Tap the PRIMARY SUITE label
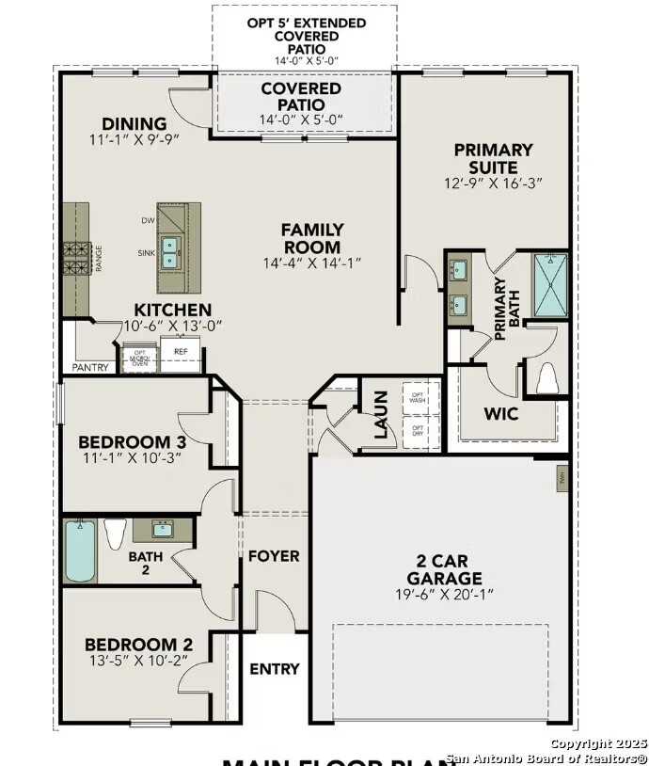coord(493,157)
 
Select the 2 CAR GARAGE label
coord(445,568)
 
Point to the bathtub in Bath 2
coord(80,551)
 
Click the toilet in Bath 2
coord(115,534)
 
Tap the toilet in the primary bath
coord(546,378)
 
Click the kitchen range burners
coord(76,258)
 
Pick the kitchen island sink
coord(170,253)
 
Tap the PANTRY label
coord(91,367)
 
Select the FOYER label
coord(274,556)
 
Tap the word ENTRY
coord(275,669)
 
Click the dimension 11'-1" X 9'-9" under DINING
coord(135,139)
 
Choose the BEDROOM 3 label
coord(132,441)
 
